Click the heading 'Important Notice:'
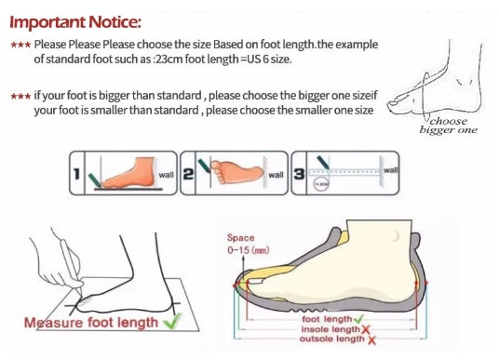75,22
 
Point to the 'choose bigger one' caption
448,126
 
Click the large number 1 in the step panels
76,174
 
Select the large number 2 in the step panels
188,174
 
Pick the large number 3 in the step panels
299,174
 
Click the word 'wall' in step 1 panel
166,175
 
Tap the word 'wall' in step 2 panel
276,175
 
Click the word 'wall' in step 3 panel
391,170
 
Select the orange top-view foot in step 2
237,172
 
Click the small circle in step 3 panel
321,184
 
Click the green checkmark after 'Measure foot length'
172,321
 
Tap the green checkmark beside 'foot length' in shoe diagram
358,318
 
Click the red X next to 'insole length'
365,329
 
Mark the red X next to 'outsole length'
371,340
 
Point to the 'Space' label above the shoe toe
240,238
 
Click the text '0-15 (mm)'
249,250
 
